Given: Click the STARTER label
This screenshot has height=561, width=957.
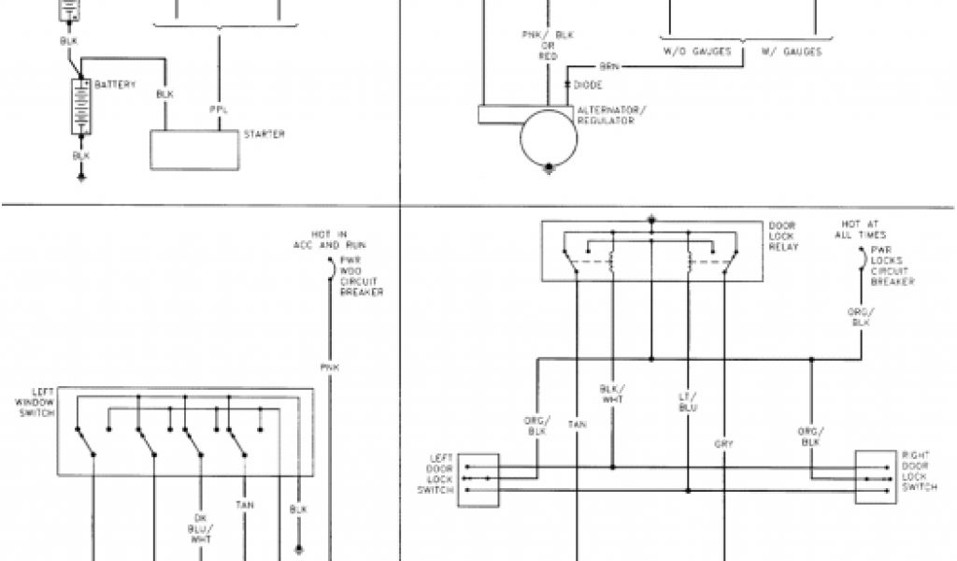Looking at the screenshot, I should point(264,135).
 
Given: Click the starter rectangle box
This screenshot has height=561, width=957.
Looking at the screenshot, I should point(194,150).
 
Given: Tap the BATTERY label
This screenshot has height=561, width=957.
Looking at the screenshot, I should point(115,85).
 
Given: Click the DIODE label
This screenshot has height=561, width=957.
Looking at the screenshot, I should point(587,86).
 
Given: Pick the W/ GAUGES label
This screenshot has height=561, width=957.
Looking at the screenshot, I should point(791,52).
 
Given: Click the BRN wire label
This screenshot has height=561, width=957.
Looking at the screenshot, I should point(607,66).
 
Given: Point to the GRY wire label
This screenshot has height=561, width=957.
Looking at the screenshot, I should point(723,443).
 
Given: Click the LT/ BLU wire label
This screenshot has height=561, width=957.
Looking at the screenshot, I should point(689,401).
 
